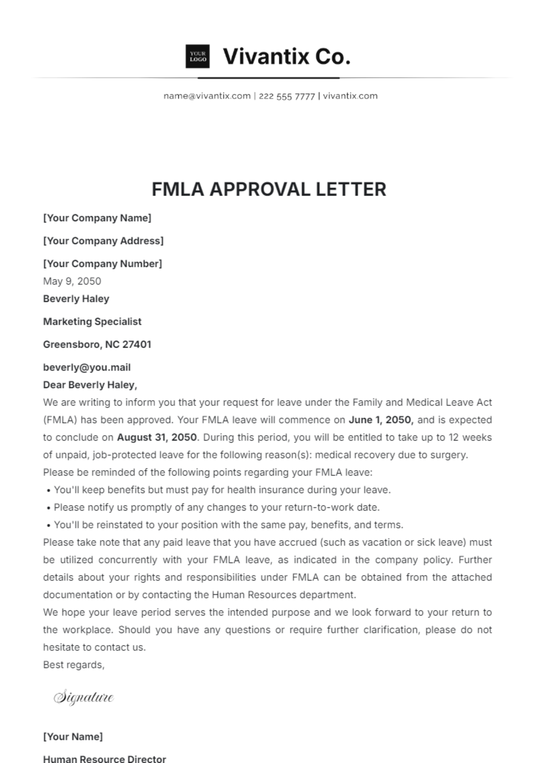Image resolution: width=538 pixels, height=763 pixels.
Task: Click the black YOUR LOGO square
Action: [198, 57]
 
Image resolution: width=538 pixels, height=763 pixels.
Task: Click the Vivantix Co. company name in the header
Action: [286, 57]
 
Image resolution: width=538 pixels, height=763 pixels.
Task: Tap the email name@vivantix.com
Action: [207, 96]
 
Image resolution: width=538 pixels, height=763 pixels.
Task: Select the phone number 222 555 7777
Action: [286, 96]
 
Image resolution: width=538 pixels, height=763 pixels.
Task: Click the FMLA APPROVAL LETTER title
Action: [269, 189]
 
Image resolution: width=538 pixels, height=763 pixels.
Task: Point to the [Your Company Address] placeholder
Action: [103, 241]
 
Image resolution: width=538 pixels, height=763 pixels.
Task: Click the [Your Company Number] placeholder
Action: [102, 264]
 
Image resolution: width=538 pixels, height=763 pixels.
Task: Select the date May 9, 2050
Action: [72, 281]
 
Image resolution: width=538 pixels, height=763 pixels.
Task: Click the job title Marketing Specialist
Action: [92, 322]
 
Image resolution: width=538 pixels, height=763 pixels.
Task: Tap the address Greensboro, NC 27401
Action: [97, 344]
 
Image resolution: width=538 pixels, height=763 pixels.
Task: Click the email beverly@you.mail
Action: [87, 367]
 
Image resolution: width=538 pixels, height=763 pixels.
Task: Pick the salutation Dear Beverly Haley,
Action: [90, 385]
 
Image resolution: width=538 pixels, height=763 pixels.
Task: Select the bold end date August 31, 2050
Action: [157, 437]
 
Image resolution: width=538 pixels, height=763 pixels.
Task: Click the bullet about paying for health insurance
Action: [222, 490]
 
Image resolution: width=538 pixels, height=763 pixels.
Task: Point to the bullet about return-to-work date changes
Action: [217, 507]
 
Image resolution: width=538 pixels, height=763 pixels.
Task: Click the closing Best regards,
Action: [74, 665]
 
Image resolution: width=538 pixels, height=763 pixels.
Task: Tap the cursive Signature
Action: [84, 698]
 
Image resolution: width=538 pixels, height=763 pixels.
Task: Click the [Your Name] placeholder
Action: [73, 737]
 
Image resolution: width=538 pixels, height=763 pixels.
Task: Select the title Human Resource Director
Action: [104, 759]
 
